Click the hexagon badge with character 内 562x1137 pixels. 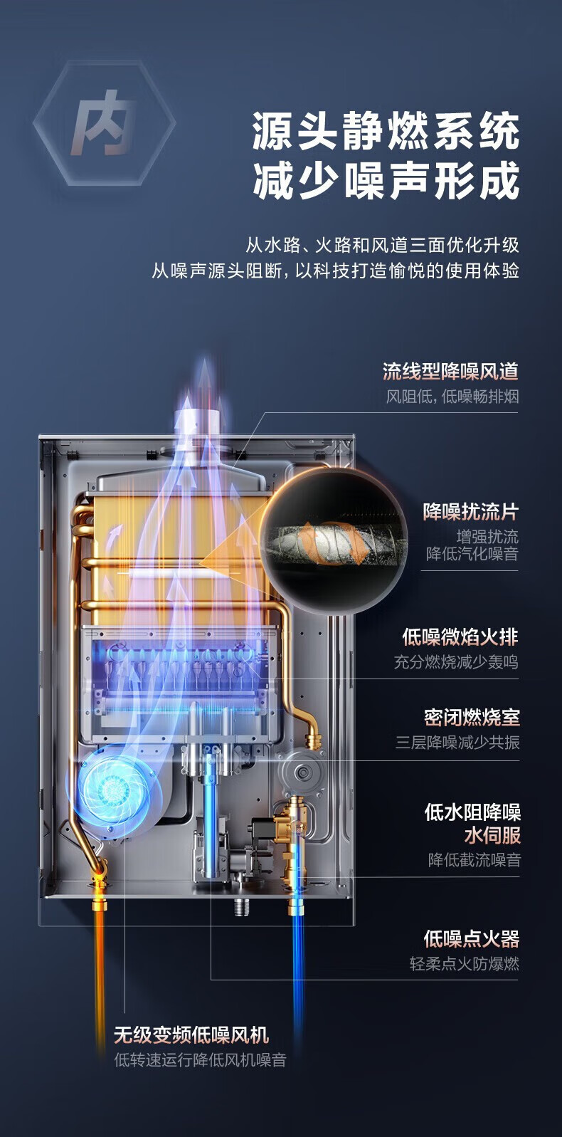pyautogui.click(x=104, y=124)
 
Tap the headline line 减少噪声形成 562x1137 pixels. pyautogui.click(x=386, y=180)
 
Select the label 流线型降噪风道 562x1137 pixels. pyautogui.click(x=450, y=372)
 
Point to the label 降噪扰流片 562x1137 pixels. pyautogui.click(x=471, y=511)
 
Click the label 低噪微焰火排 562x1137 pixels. pyautogui.click(x=460, y=636)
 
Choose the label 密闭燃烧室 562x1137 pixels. pyautogui.click(x=472, y=716)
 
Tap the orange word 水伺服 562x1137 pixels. pyautogui.click(x=492, y=834)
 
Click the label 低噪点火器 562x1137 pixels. pyautogui.click(x=472, y=938)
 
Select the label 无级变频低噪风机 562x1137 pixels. pyautogui.click(x=191, y=1034)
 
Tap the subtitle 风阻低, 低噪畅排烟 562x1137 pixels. pyautogui.click(x=452, y=397)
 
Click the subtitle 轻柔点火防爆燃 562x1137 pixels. pyautogui.click(x=465, y=964)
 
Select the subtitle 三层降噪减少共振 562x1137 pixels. pyautogui.click(x=457, y=743)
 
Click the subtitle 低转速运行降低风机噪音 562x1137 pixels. pyautogui.click(x=200, y=1060)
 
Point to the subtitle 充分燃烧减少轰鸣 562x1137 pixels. pyautogui.click(x=456, y=662)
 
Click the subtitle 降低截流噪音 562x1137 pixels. pyautogui.click(x=474, y=860)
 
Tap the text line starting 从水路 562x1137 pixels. pyautogui.click(x=382, y=246)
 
